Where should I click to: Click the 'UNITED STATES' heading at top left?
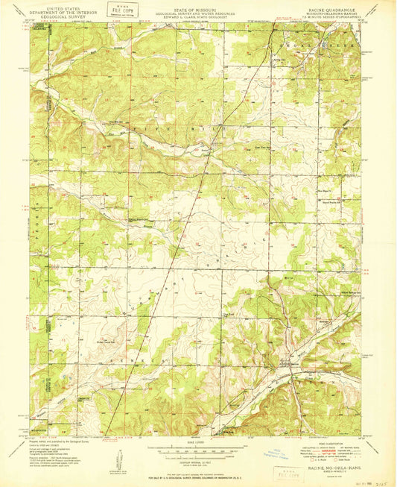(64, 6)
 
